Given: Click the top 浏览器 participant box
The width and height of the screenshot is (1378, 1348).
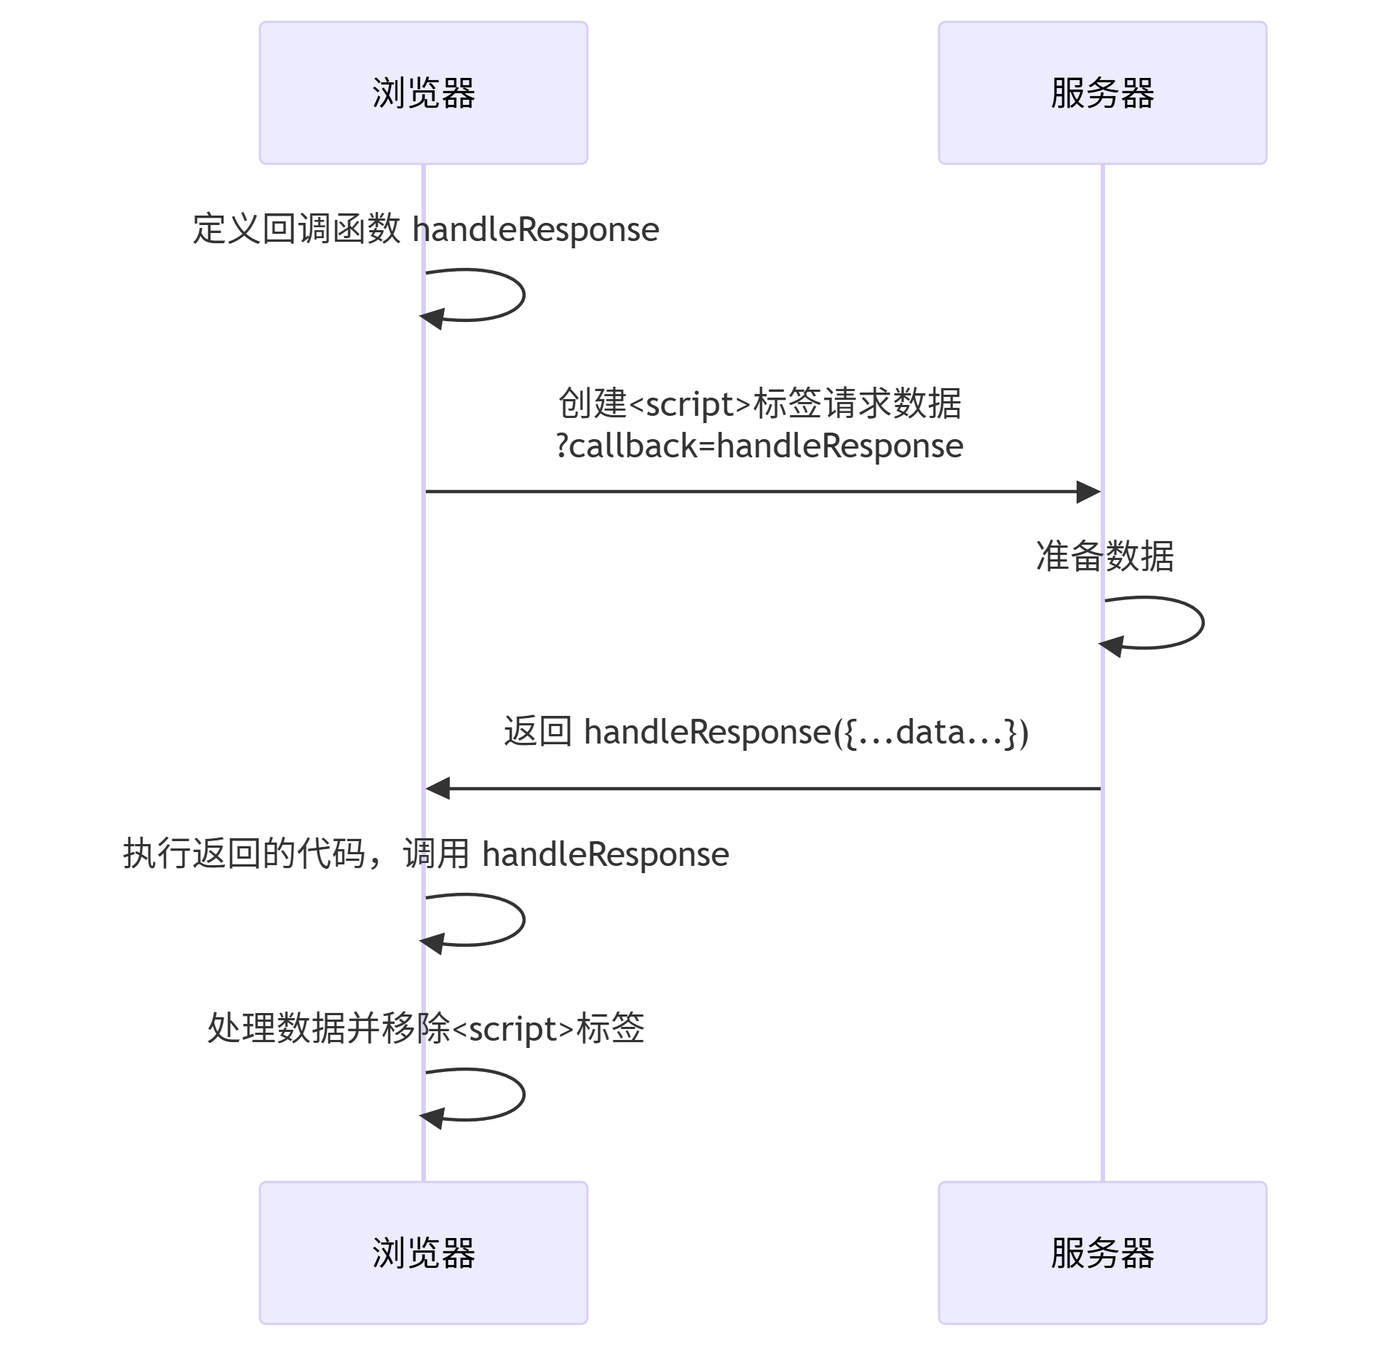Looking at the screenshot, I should point(423,92).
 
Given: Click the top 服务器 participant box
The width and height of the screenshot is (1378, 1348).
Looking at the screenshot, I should point(1101,92).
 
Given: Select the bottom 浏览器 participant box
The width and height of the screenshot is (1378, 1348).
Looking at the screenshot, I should point(423,1252).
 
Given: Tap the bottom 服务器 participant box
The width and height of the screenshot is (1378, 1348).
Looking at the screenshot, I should point(1101,1252).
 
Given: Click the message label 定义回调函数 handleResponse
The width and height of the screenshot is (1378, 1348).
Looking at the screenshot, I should point(425,229).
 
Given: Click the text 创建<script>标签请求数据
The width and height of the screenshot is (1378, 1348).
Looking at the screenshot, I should point(759,403).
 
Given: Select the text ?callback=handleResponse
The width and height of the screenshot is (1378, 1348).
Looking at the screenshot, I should point(759,446).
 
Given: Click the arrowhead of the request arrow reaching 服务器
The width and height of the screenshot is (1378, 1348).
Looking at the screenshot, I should point(1089,492).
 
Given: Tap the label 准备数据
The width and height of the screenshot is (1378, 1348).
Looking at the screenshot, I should point(1104,556).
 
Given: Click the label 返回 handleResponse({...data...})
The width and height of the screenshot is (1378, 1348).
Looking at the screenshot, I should point(766,732).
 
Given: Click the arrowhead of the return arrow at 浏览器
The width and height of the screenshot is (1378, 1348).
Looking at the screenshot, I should point(437,788).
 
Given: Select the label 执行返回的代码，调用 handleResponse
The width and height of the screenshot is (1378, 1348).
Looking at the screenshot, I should point(425,854).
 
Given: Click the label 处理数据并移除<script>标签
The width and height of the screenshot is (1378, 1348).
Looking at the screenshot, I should point(425,1028).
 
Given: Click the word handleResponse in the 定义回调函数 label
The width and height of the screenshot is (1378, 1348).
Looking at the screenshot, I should point(536,230).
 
